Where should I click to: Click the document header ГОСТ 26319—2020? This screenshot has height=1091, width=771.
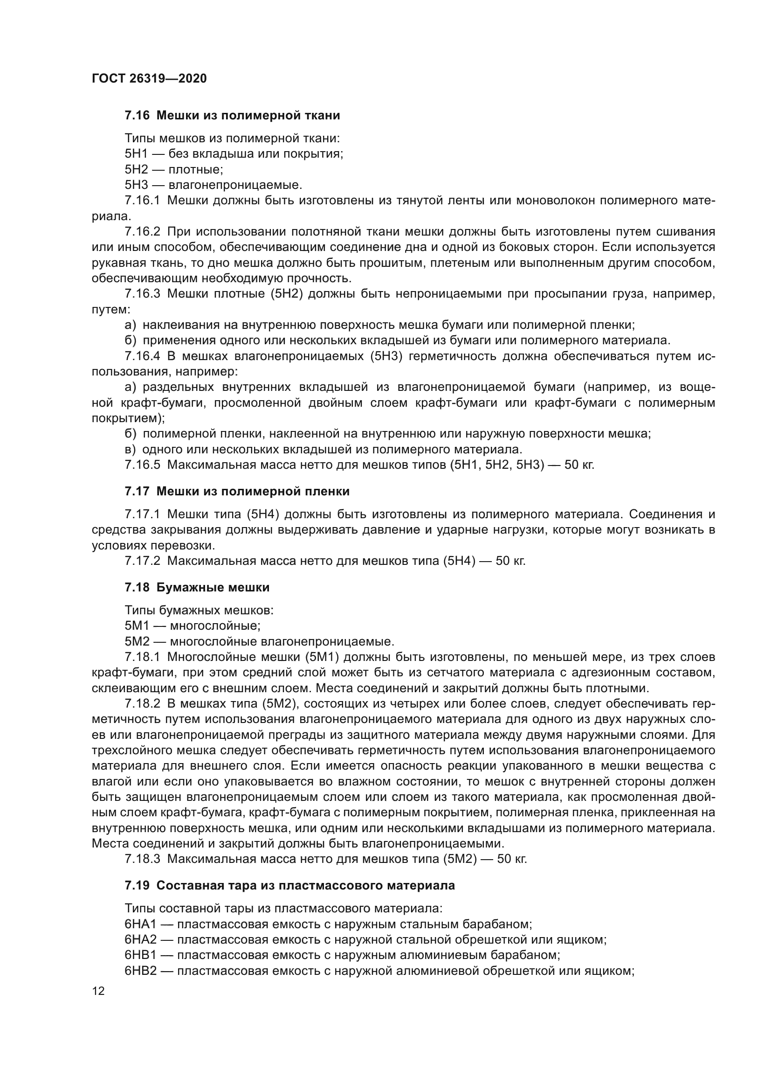pos(149,78)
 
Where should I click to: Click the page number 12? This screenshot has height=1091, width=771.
pos(98,991)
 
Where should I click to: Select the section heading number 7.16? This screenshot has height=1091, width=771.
pos(137,116)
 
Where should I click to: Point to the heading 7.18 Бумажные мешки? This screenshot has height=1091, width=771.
pos(197,587)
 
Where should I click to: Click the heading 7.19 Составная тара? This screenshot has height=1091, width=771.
pos(289,885)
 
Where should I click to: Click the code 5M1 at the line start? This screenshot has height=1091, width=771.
pos(137,626)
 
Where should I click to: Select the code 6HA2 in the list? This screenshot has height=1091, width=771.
pos(140,939)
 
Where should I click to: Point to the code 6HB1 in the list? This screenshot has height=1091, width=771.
pos(140,955)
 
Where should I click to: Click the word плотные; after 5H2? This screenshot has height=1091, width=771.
pos(196,170)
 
